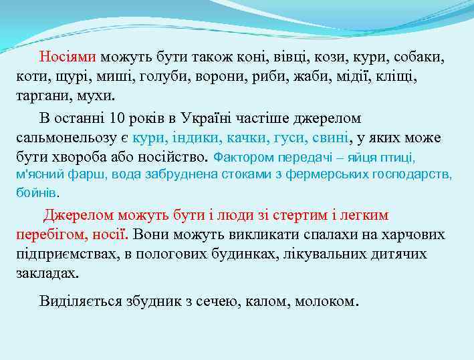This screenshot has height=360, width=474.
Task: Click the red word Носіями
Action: pos(68,57)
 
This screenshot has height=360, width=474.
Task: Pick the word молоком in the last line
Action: pos(328,301)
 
